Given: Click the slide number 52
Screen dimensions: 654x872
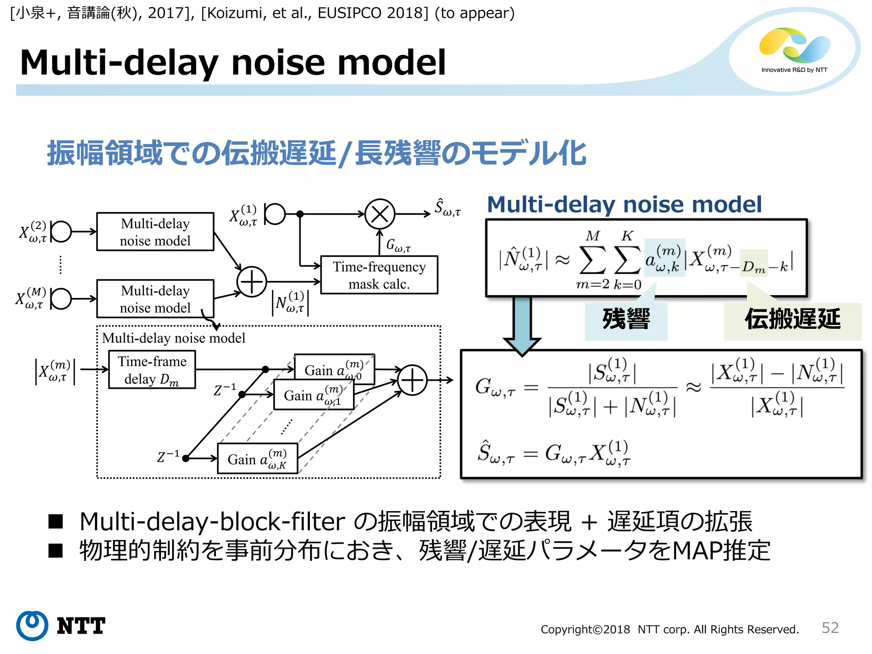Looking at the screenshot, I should [x=830, y=628].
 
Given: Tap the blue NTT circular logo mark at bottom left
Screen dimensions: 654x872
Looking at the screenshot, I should [x=32, y=625].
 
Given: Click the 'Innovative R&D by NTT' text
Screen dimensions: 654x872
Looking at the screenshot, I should [x=794, y=70].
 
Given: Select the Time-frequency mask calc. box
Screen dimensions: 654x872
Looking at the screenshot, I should [x=379, y=275].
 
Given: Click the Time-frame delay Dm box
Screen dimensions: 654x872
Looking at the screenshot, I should [x=152, y=370].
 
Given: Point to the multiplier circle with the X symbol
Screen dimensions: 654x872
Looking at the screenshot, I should [x=380, y=214].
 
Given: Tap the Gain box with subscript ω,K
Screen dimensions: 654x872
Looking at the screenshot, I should [x=257, y=459].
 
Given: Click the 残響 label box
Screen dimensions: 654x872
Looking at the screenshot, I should [x=625, y=320].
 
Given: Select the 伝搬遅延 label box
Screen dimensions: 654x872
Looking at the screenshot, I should [x=792, y=320].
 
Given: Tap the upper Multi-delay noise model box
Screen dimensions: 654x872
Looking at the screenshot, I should [x=155, y=232].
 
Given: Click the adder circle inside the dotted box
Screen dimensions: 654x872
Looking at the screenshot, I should [x=412, y=380].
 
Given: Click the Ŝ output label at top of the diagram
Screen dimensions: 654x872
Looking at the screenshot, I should [x=447, y=208].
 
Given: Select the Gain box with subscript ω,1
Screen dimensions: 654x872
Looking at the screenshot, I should [x=313, y=395].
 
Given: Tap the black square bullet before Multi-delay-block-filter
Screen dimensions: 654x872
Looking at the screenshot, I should [x=56, y=522].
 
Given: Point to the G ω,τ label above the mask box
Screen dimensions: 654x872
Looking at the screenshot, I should [x=398, y=245].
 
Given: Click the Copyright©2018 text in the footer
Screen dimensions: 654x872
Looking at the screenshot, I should [x=585, y=629].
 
